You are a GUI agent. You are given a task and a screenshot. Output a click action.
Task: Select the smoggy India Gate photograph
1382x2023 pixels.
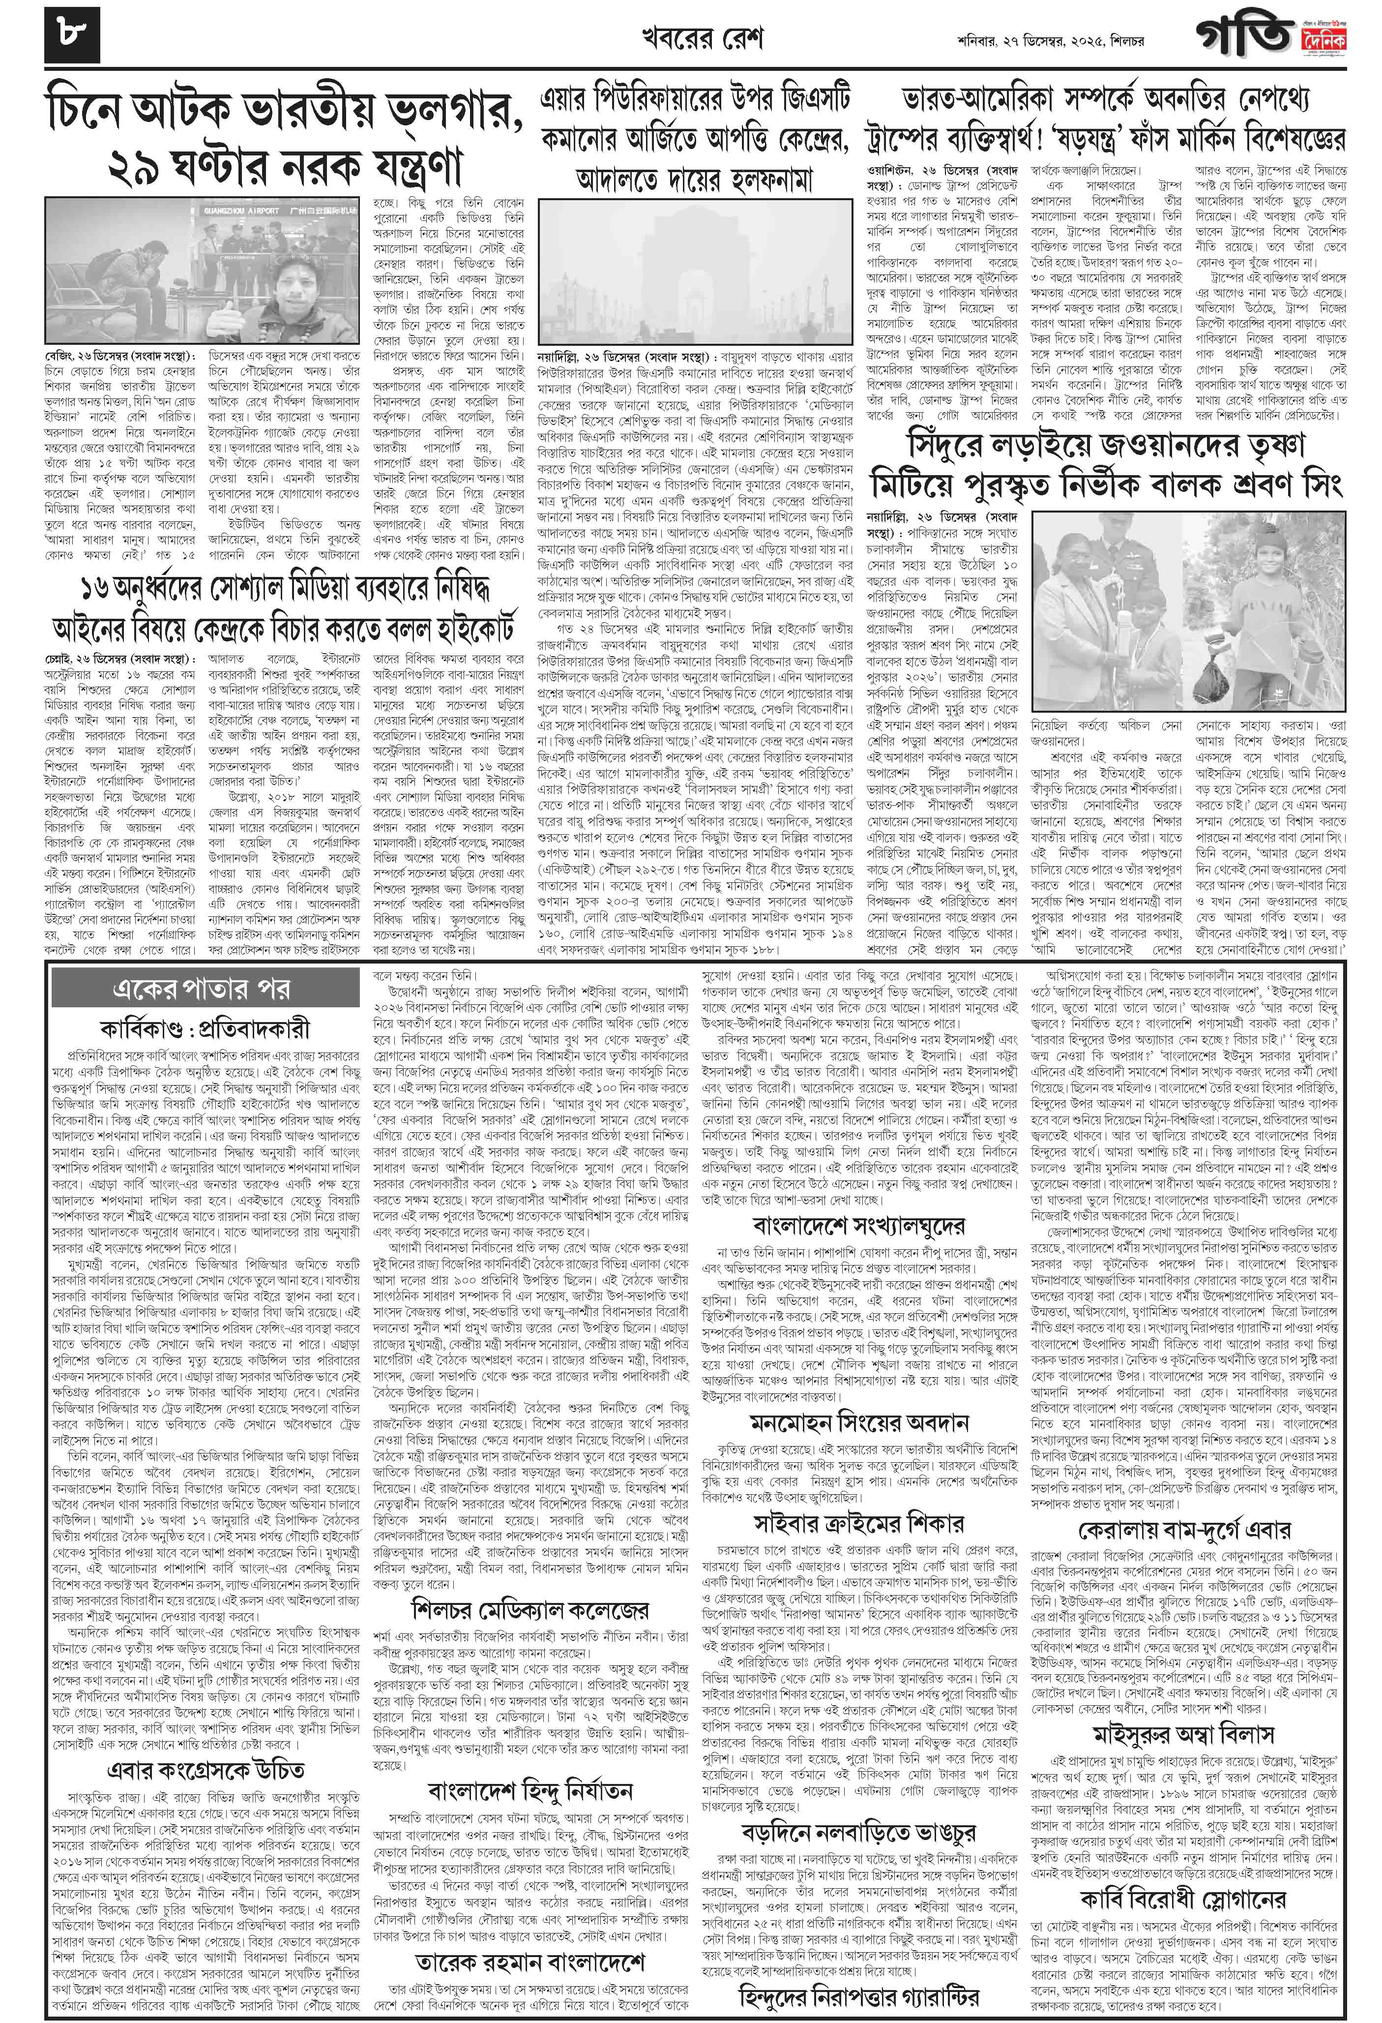point(696,273)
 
